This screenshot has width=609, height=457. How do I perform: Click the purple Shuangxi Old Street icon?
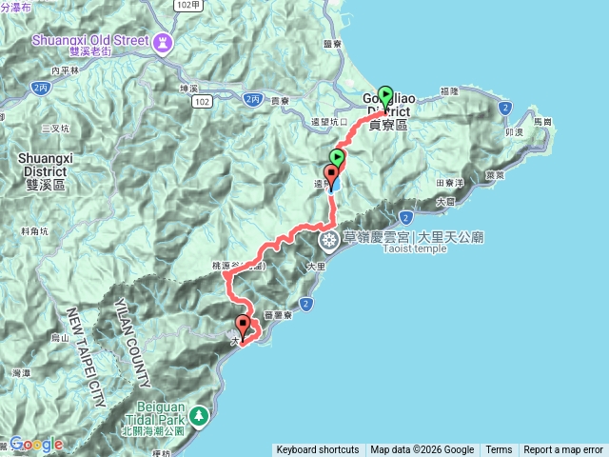click(x=163, y=42)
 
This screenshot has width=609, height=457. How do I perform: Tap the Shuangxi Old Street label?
click(x=91, y=40)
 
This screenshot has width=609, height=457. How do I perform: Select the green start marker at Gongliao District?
click(x=385, y=95)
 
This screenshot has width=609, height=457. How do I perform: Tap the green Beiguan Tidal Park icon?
click(x=198, y=415)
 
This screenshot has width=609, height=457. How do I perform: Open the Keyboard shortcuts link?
click(x=318, y=450)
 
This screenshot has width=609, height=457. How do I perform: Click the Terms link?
click(x=499, y=450)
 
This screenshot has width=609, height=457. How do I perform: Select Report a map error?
click(x=563, y=450)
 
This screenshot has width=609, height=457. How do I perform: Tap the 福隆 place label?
click(x=449, y=91)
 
